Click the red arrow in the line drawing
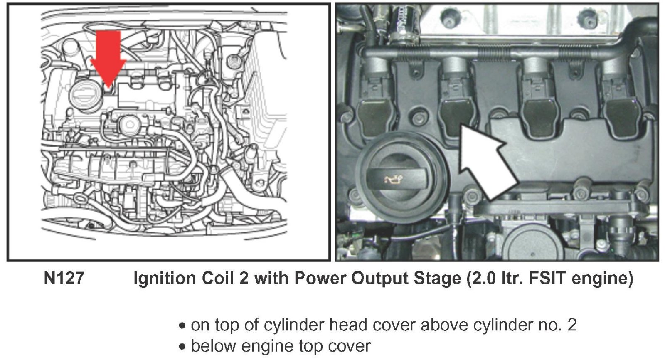coord(108,58)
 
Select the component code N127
coord(64,278)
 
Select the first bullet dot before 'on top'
coord(182,326)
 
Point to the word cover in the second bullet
coord(349,346)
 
